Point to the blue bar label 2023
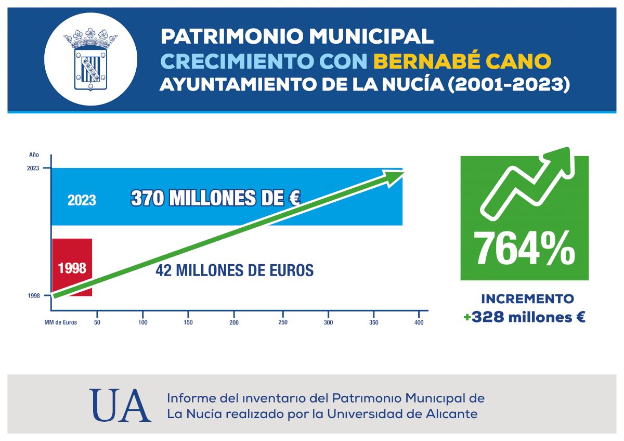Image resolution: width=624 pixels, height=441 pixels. coord(82,200)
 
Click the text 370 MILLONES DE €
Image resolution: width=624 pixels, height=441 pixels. coord(215,198)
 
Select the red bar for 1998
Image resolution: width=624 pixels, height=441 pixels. coord(72,267)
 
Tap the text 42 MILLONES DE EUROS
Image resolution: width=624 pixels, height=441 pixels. coord(235,270)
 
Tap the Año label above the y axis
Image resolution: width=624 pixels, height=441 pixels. coord(34,154)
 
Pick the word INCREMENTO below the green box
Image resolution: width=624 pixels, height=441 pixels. coord(527,299)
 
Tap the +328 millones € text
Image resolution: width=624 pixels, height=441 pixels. coord(525,317)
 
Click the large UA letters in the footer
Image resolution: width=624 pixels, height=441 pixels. coord(120,406)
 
